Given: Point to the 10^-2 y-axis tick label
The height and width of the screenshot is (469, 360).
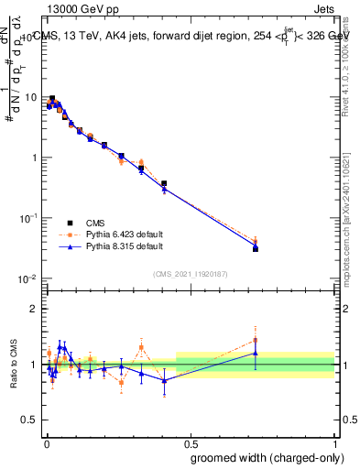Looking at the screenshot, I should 27,278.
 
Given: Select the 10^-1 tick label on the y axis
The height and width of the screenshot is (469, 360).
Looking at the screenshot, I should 27,218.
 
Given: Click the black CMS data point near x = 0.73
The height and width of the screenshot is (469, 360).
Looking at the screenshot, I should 256,248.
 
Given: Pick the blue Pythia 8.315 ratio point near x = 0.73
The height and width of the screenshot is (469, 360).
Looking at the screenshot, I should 256,354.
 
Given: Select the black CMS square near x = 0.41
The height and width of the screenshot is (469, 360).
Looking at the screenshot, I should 164,183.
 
